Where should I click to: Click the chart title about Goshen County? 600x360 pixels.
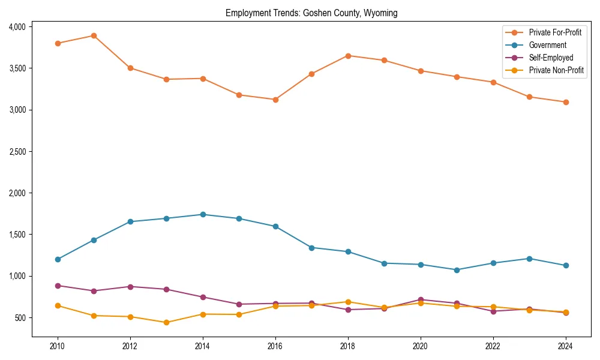coord(311,13)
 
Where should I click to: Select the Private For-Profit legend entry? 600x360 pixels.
coord(555,32)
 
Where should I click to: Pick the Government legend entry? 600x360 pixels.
coord(547,45)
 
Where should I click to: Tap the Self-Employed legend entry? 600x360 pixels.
coord(551,58)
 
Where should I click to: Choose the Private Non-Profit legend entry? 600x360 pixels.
coord(556,70)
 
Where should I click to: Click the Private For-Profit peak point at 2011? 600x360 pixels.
coord(94,35)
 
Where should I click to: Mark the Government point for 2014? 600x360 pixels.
coord(203,214)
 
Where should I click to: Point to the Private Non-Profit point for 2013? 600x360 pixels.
coord(166,322)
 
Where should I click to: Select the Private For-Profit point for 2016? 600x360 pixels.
coord(275,100)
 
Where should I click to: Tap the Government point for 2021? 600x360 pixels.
coord(457,270)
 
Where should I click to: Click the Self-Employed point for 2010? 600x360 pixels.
coord(58,286)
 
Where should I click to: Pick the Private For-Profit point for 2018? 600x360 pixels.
coord(348,56)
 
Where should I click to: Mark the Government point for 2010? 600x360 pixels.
coord(58,259)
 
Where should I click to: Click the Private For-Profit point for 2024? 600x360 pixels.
coord(566,102)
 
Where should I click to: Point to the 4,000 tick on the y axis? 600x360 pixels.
coord(17,27)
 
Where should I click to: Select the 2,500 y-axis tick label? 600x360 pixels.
coord(17,152)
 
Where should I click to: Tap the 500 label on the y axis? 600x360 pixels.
coord(20,317)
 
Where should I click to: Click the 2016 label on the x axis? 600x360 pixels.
coord(275,346)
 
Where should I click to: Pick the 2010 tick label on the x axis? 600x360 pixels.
coord(58,346)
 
